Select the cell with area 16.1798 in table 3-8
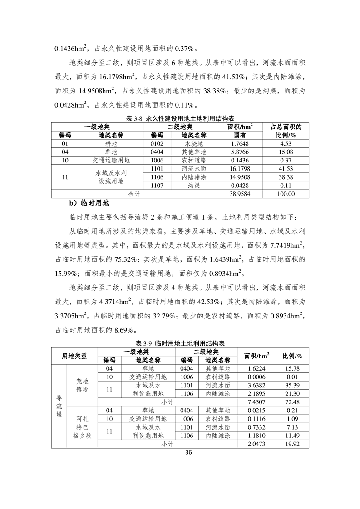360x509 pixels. tap(240, 168)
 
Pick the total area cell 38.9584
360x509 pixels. tap(240, 194)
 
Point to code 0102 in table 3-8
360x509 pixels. tap(157, 143)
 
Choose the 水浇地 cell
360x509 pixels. tap(194, 143)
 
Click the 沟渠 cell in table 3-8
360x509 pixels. tap(194, 186)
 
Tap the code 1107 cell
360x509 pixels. tap(157, 186)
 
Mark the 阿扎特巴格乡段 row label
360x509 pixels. tap(82, 427)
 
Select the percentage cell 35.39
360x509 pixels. tap(292, 385)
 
